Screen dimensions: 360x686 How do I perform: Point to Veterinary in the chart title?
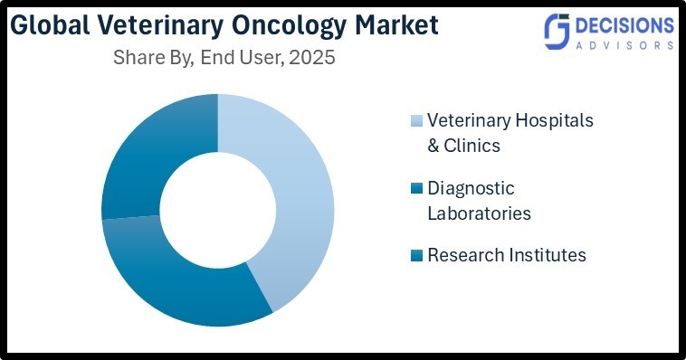point(161,24)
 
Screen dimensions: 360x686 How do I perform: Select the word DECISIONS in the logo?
point(624,24)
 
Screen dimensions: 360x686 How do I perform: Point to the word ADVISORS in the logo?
point(624,44)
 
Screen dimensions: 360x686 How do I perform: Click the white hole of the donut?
point(217,210)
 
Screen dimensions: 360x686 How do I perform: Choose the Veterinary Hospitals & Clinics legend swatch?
point(416,121)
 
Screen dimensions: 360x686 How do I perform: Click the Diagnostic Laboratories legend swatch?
point(416,189)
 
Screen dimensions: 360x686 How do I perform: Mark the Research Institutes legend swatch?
point(416,256)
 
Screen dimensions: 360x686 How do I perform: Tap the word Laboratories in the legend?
point(479,213)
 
